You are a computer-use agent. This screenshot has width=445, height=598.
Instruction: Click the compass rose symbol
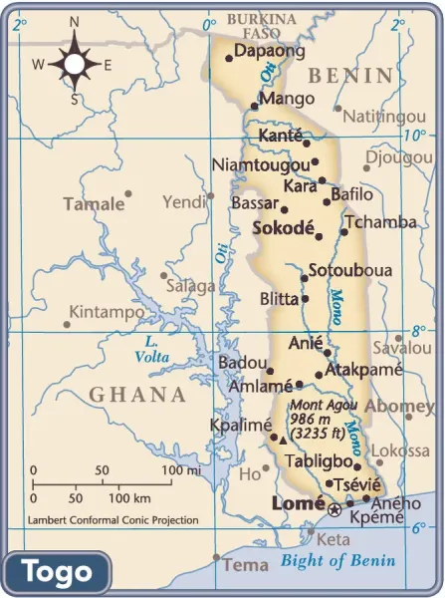[75, 63]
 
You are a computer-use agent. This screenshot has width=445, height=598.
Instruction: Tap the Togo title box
[57, 572]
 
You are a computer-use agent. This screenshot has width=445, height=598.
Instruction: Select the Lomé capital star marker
[334, 509]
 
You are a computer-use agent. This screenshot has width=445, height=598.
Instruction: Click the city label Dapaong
[268, 50]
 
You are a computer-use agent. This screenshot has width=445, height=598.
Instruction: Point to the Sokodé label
[283, 227]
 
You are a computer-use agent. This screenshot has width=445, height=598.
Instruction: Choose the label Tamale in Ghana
[94, 204]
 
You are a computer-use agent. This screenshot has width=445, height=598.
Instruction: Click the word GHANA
[137, 395]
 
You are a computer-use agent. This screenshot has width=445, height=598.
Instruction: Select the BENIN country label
[350, 76]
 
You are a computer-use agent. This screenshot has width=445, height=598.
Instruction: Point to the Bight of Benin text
[337, 560]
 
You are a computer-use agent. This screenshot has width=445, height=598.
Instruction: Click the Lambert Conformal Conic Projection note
[112, 520]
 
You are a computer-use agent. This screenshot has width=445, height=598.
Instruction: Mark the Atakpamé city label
[363, 369]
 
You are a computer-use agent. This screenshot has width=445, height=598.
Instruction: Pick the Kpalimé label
[240, 425]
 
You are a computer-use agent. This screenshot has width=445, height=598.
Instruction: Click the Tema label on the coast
[246, 564]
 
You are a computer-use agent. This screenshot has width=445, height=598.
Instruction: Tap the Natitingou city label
[384, 117]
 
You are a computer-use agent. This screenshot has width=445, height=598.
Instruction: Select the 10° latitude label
[414, 136]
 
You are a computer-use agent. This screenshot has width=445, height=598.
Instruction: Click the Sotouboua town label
[349, 270]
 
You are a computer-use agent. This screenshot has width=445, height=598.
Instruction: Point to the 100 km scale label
[128, 497]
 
